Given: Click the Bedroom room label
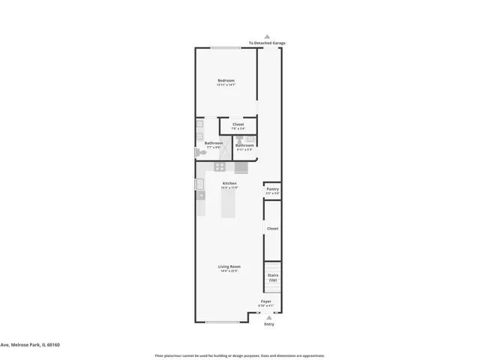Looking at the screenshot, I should tap(226, 80).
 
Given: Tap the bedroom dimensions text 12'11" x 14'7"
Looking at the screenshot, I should tap(226, 85).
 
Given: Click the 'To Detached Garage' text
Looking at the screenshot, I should tap(267, 43).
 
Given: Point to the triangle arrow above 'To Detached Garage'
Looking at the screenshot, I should tap(267, 36).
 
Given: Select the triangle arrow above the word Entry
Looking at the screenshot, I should tap(269, 318).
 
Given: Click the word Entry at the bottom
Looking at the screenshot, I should tap(269, 324).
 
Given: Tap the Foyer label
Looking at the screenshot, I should tap(266, 301).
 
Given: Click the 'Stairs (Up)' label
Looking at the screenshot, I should tap(273, 277).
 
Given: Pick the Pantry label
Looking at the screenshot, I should tap(273, 189).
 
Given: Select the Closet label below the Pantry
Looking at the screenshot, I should tap(273, 228).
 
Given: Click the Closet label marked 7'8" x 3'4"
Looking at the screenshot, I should tap(238, 124).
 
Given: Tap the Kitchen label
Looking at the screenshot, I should tap(229, 184).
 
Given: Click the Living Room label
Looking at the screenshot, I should tap(229, 266).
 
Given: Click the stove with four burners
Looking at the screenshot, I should tap(220, 166).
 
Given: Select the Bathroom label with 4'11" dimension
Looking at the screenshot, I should tap(244, 145).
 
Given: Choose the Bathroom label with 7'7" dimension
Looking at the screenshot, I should tap(214, 143).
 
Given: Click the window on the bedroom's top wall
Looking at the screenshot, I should tap(225, 49).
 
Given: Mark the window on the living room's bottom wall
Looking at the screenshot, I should tap(222, 322).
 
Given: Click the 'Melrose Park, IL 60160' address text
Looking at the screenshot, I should tap(30, 345).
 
